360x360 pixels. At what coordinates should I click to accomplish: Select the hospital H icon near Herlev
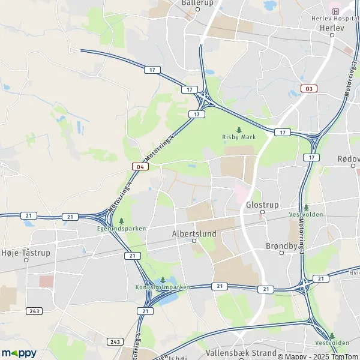click(335, 11)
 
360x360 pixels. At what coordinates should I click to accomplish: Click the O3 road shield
click(309, 89)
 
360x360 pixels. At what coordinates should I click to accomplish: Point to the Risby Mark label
click(239, 137)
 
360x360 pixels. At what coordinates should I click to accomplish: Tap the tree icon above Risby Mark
click(239, 129)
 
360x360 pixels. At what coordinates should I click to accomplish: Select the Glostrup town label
click(263, 205)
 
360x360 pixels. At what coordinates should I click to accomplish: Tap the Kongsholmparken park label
click(163, 287)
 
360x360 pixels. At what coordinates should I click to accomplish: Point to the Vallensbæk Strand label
click(233, 353)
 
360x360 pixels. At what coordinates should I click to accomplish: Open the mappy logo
click(19, 353)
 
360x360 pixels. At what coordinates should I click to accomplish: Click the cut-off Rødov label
click(349, 158)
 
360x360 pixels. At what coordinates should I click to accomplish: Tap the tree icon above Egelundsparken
click(121, 221)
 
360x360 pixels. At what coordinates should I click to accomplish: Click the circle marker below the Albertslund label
click(194, 241)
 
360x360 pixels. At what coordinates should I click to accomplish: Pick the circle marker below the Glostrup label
click(262, 212)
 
